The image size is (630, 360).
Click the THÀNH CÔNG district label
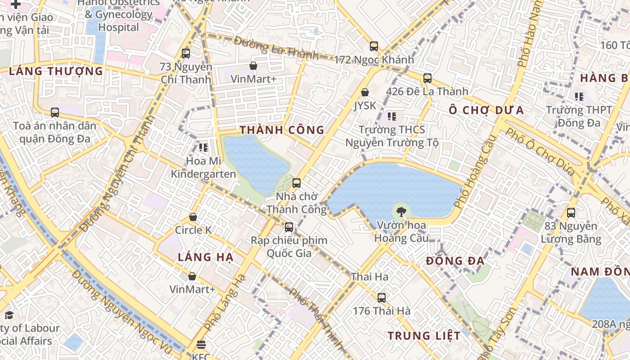(x=282, y=130)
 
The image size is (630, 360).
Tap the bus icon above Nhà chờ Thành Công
(x=296, y=183)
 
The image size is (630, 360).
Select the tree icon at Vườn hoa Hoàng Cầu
(x=401, y=211)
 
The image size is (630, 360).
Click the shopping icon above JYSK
(x=365, y=92)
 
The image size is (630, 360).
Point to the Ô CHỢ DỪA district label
(x=486, y=110)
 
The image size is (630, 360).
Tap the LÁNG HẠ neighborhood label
(x=205, y=257)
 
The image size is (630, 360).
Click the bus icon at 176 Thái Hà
(x=382, y=297)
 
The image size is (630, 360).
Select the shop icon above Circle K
(x=193, y=217)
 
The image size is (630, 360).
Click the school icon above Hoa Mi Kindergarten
(x=203, y=147)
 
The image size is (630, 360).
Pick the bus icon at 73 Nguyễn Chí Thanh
(x=186, y=54)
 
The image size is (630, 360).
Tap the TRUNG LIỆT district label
(x=424, y=336)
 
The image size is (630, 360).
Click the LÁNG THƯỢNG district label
(x=56, y=71)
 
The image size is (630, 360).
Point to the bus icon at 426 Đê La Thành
(x=427, y=78)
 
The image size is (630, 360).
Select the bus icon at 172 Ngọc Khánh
(x=374, y=46)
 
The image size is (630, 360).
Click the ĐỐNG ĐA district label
(x=455, y=261)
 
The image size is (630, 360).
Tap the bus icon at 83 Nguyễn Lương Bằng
(x=571, y=213)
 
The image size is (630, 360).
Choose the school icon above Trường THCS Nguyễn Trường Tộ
(x=392, y=117)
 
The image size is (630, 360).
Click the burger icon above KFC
(x=201, y=345)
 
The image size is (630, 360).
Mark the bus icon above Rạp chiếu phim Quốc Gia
(x=289, y=227)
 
